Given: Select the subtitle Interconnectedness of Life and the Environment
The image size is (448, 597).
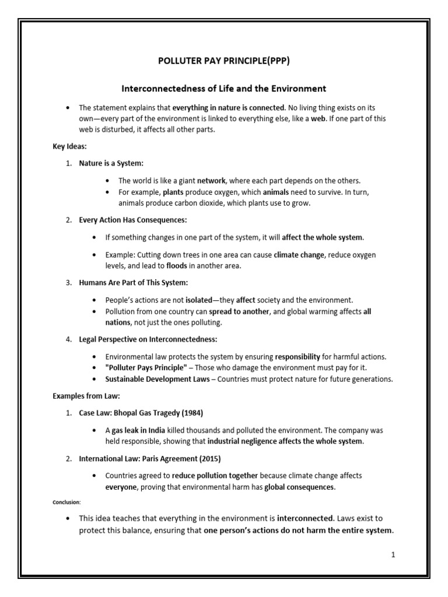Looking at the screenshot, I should pos(223,89).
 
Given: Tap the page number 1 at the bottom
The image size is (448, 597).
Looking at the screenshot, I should pos(393,554).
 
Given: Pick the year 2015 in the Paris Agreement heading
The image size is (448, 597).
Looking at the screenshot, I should pos(207,459).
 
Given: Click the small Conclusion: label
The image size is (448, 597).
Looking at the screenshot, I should pos(67,501).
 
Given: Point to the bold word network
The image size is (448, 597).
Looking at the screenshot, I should pos(212,181).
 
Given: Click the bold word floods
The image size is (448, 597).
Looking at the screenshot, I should pos(177,265).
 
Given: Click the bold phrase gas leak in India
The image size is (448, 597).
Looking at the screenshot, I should pos(139,430).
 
